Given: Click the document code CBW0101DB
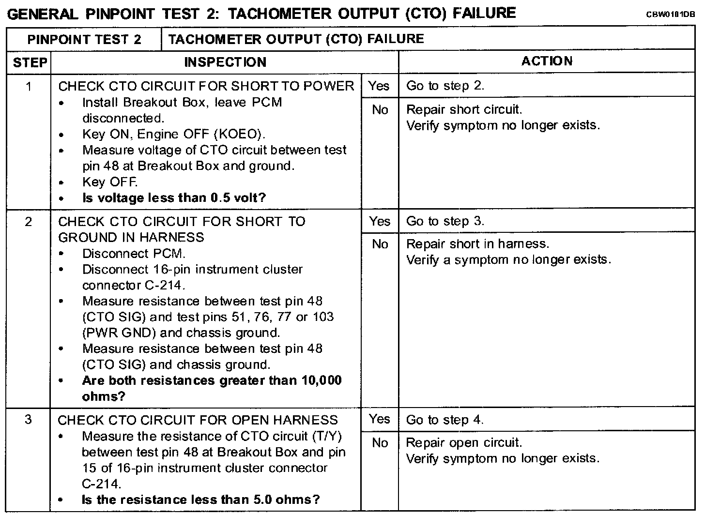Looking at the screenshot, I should tap(670, 15).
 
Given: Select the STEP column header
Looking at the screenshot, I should tap(30, 62).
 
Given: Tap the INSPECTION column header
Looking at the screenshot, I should tap(225, 62).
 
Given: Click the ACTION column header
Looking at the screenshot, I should tap(547, 61).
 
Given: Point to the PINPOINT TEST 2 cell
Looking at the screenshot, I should tap(84, 39).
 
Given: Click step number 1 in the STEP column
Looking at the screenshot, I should tap(29, 87).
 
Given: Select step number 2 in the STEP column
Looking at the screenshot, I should tap(29, 222).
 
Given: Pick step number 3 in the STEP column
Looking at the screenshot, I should tap(29, 419).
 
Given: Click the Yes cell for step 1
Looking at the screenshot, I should tap(379, 86).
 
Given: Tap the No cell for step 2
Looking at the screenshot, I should tap(380, 244).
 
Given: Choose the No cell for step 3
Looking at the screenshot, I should tap(380, 443).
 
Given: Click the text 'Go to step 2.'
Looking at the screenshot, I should tap(445, 86).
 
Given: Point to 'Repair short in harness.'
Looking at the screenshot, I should tap(477, 244).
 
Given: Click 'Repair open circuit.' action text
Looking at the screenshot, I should tap(463, 442).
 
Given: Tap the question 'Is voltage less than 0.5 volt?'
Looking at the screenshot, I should tap(174, 198).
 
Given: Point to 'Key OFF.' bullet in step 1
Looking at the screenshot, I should tap(110, 182).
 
